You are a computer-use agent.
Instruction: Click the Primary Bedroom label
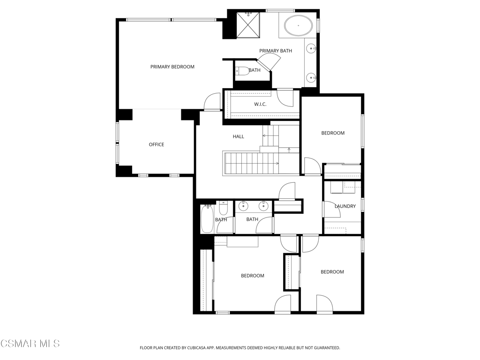coord(172,67)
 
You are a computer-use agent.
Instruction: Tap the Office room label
coord(157,144)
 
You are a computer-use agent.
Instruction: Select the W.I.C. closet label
coord(260,105)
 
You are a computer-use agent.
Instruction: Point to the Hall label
coord(239,136)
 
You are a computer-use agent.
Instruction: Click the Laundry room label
coord(345,206)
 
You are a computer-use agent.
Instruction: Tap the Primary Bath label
coord(276,51)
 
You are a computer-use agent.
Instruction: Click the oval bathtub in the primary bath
coord(299,26)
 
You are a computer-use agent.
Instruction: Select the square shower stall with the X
coord(248,25)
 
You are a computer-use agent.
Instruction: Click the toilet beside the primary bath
coord(243,71)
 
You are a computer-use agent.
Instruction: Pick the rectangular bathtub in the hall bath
coord(207,219)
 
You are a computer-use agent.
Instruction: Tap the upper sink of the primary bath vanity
coord(312,48)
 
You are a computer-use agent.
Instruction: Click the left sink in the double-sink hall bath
coord(243,206)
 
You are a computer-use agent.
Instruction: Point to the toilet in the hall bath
coord(223,208)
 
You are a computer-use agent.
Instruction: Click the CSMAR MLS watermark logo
coord(30,344)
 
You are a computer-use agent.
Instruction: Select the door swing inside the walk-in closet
coord(285,98)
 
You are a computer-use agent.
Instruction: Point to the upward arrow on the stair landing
coord(289,150)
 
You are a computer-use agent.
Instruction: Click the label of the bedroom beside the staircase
coord(333,133)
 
